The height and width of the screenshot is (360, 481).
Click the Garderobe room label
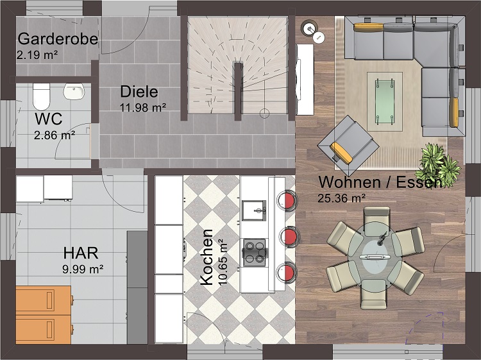[58, 39]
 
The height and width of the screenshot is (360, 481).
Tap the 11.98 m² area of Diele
[143, 108]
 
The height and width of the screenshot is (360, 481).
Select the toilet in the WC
[42, 96]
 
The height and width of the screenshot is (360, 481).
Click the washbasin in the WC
[74, 91]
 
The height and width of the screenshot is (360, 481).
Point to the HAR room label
[81, 253]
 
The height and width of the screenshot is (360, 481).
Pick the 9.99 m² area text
[83, 270]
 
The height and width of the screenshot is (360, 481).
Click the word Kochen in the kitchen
[207, 257]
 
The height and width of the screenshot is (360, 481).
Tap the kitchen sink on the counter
[254, 210]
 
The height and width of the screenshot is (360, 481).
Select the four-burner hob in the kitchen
[255, 252]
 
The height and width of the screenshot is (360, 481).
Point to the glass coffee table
[385, 101]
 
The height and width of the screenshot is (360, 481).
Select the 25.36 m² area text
[341, 198]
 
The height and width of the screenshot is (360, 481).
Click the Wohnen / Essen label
[380, 182]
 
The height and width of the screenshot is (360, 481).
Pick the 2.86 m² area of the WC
[55, 135]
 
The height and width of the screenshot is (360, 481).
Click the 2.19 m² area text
[37, 56]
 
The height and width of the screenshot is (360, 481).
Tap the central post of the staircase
[239, 92]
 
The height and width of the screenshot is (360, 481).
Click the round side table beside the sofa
[310, 28]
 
